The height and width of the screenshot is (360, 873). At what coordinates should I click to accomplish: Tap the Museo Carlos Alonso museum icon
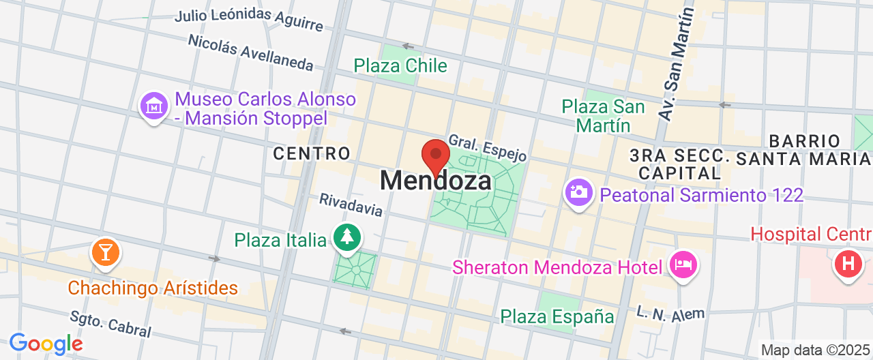[x=154, y=107]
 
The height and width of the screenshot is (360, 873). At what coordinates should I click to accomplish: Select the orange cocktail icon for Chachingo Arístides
[x=105, y=252]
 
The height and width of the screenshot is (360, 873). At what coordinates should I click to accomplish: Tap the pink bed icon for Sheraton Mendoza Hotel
[x=683, y=264]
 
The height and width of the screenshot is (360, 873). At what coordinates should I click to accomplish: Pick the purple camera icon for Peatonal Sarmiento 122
[x=579, y=192]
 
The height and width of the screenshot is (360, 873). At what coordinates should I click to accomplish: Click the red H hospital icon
[x=848, y=262]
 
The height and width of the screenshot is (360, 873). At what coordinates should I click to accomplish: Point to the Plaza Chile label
[x=400, y=66]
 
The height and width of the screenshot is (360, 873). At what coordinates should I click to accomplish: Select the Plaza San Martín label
[x=603, y=116]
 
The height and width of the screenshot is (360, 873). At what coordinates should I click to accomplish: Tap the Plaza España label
[x=557, y=316]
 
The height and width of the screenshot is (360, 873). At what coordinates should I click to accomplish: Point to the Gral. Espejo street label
[x=487, y=147]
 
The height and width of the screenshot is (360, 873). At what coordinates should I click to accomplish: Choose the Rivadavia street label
[x=351, y=205]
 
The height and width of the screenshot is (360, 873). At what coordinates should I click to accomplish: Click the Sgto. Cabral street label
[x=110, y=324]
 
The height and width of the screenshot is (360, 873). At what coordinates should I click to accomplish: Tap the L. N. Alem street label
[x=670, y=313]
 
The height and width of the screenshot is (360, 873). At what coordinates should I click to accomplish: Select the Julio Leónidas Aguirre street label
[x=248, y=20]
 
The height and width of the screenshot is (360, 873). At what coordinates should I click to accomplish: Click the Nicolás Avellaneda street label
[x=250, y=52]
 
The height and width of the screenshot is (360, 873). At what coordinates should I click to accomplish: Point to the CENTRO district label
[x=312, y=154]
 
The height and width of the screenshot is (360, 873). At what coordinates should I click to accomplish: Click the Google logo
[x=46, y=344]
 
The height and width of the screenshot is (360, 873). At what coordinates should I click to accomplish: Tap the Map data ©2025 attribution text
[x=816, y=350]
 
